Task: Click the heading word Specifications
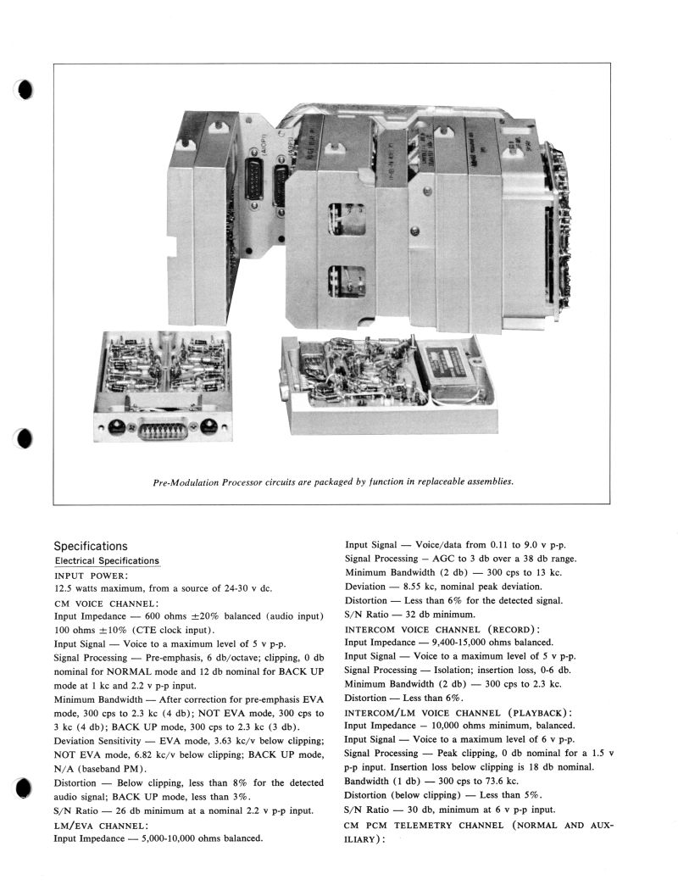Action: [91, 546]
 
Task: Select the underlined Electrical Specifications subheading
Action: [107, 561]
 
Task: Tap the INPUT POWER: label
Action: [89, 575]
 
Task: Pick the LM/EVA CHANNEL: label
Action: [101, 825]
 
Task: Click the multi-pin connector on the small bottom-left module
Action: [162, 428]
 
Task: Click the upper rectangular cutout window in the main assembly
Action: [347, 220]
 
